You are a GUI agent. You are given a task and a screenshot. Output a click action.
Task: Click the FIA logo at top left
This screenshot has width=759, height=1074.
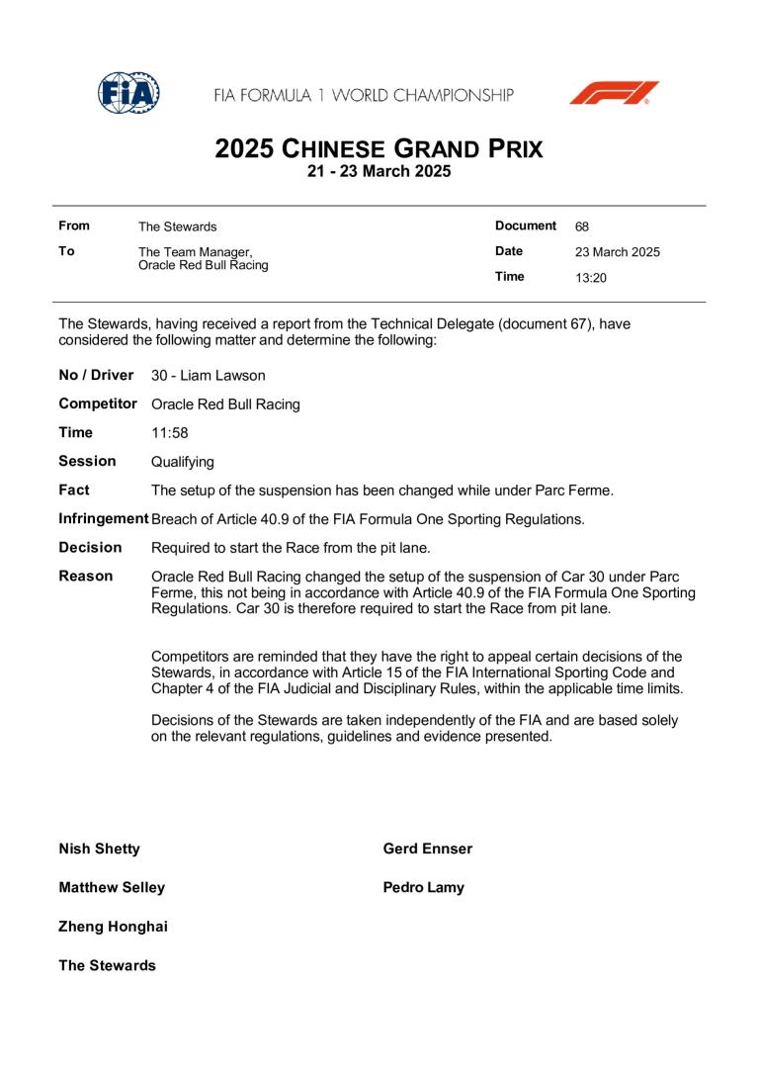[128, 93]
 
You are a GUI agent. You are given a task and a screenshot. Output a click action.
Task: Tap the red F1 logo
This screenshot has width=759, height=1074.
[614, 93]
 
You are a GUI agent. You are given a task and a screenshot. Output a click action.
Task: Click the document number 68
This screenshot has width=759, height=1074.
[582, 226]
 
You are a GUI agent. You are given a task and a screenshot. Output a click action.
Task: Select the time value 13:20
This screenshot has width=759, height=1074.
[591, 278]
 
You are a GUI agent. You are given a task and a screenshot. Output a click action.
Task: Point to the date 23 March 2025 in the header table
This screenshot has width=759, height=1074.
[618, 252]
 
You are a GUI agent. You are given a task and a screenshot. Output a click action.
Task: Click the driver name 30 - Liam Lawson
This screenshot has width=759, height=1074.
[208, 376]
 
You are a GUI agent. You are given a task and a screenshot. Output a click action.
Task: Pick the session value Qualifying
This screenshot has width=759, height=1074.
[182, 462]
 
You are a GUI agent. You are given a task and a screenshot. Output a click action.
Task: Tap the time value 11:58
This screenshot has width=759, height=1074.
[170, 433]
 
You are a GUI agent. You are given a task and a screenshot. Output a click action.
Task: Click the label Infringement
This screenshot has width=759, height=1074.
[104, 519]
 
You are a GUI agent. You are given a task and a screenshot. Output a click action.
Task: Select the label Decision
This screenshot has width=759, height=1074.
[90, 547]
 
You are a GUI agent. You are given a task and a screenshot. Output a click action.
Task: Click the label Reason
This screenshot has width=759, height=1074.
[86, 576]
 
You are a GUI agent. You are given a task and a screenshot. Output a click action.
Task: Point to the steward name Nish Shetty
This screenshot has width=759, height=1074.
[99, 850]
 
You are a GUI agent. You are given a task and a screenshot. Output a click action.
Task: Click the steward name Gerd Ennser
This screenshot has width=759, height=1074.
[427, 850]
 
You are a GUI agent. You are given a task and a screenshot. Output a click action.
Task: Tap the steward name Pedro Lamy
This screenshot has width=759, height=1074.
[423, 888]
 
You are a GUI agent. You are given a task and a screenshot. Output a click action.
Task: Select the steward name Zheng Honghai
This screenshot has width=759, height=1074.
[113, 927]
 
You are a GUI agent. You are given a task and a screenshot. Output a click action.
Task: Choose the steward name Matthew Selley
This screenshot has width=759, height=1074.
[112, 888]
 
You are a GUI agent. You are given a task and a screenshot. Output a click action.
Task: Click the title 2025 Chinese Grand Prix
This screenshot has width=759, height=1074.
[379, 150]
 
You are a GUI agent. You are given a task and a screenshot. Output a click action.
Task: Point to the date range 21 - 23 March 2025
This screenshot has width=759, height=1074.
[379, 172]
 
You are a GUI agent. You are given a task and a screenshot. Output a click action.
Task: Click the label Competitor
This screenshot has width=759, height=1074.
[98, 404]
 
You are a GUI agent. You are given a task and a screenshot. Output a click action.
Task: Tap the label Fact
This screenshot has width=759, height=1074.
[74, 490]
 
